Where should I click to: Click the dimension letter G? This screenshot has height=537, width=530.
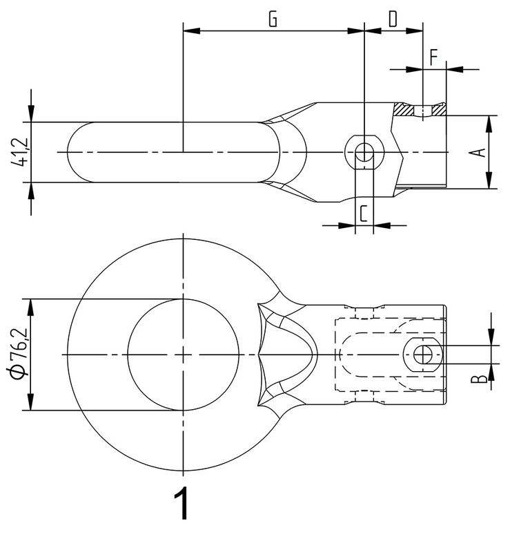coord(273,19)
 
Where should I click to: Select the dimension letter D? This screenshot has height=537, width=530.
coord(393,19)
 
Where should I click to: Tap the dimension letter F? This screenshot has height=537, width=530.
coord(433,57)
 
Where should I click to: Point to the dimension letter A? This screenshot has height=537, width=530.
coord(482,153)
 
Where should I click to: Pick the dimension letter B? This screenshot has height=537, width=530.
coord(479,379)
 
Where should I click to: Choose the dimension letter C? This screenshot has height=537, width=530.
coord(364,214)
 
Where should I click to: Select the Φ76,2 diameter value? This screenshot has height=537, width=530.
coord(20,354)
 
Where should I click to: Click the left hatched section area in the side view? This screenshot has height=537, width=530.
coord(404,109)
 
